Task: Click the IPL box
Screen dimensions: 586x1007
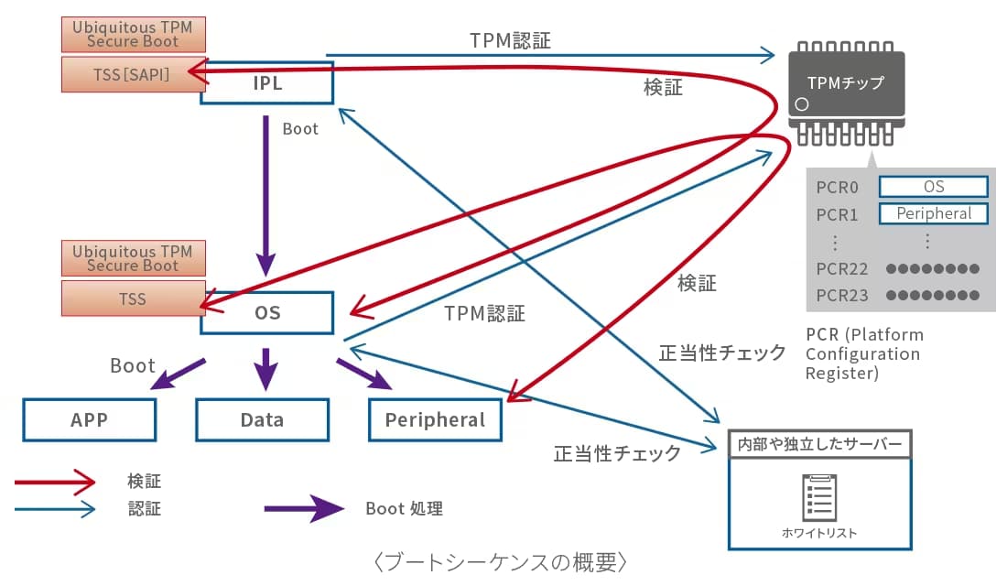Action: pos(266,83)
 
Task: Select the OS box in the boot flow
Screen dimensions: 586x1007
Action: pos(266,313)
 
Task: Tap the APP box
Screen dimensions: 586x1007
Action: pos(89,420)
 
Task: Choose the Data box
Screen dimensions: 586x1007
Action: pos(262,420)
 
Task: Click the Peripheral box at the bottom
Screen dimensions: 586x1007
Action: pos(435,420)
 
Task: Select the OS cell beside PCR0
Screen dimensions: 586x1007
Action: pos(933,187)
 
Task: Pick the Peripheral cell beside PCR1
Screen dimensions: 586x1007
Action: pos(933,213)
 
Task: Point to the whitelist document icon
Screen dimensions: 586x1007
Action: pos(819,497)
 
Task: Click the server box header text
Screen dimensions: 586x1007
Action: pos(819,445)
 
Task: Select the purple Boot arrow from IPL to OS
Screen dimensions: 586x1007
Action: pos(265,192)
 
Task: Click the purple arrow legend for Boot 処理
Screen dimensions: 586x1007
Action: pos(303,508)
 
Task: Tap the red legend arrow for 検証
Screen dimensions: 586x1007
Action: pos(55,481)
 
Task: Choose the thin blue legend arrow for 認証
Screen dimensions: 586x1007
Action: pos(55,509)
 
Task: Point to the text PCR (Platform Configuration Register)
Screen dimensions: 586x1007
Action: pos(864,353)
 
